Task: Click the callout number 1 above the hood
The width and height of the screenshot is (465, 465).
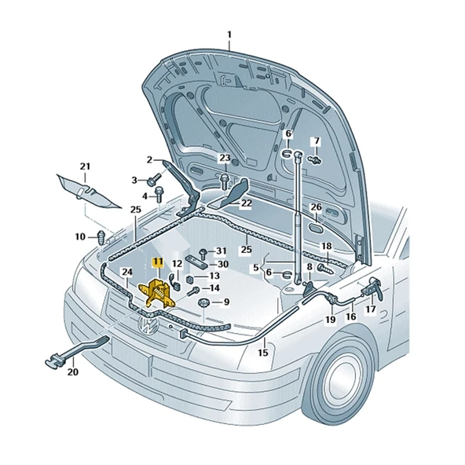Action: [229, 34]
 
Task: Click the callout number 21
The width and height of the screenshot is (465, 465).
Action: [85, 167]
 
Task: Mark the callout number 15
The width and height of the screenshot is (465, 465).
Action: [263, 353]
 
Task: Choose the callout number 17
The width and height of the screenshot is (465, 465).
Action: [370, 309]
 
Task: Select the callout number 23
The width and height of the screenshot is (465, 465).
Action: [225, 159]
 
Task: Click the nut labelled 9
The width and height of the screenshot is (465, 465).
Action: [202, 302]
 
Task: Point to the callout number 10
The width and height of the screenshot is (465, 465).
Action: [80, 236]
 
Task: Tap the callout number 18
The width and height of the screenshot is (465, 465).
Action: [326, 247]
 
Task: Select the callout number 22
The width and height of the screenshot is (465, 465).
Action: [246, 203]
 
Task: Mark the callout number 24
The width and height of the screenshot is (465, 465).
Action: [126, 272]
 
